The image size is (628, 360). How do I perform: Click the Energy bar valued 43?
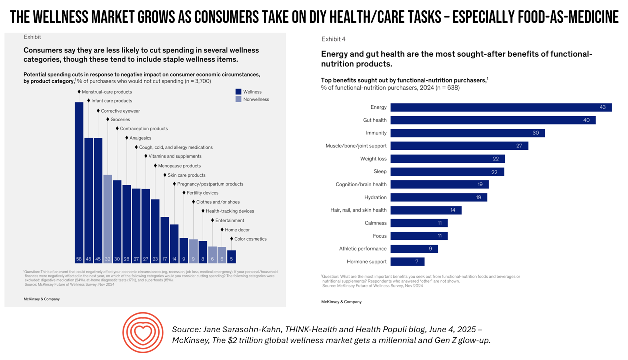coord(501,107)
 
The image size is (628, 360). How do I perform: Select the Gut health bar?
coord(493,120)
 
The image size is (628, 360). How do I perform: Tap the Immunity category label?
coord(376,133)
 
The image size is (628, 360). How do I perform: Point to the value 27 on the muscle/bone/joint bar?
coord(519,146)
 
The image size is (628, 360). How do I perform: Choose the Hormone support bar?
coord(407,262)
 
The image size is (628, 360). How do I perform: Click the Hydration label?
coord(375,197)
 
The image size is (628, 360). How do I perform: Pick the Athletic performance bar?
coord(414,249)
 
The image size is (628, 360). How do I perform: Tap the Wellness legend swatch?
coord(238,92)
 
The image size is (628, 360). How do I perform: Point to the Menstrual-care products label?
coord(107,92)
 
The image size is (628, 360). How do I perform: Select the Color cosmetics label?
coord(250,239)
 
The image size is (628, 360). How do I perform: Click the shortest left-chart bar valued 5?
coord(231,257)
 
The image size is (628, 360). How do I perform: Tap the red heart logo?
coord(142,333)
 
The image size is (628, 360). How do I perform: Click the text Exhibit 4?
coord(333,39)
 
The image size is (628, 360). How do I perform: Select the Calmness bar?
coord(419,223)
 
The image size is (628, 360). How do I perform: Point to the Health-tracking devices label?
coord(230,211)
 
